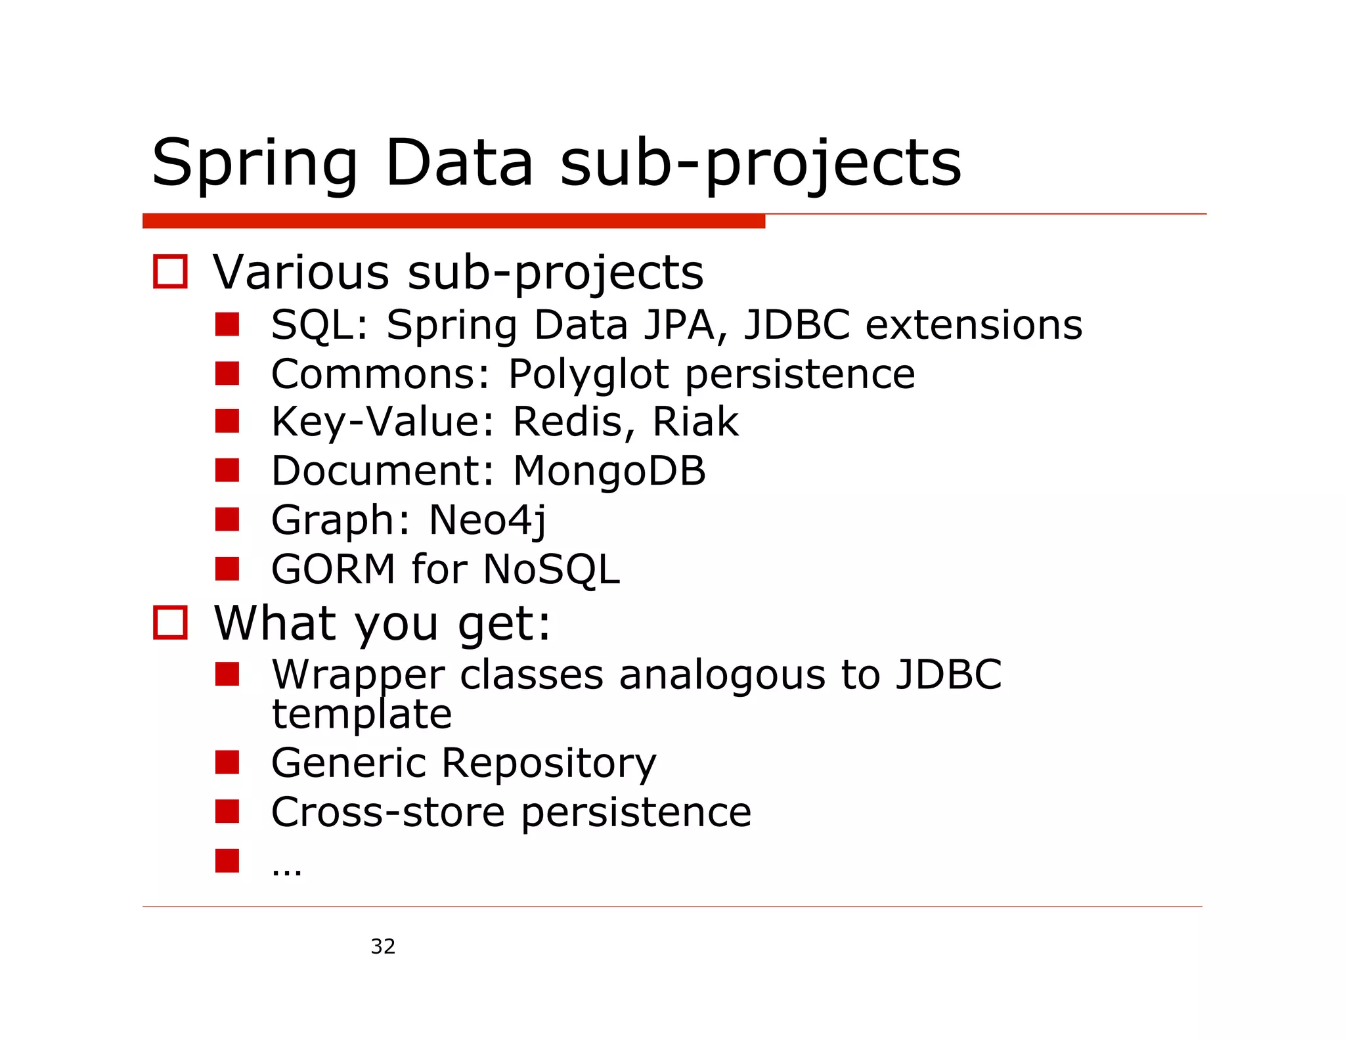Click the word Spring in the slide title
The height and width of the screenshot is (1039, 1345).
255,164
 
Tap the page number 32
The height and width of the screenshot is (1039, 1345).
383,946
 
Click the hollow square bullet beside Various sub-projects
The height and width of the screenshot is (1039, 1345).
170,272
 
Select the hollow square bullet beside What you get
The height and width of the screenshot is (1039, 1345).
170,622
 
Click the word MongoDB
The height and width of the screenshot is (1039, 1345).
609,471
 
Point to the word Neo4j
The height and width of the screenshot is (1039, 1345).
487,520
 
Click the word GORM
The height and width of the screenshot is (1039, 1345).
333,569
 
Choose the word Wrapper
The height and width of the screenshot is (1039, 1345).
358,675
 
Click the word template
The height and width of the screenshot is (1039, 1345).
362,715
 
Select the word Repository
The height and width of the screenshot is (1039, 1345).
548,764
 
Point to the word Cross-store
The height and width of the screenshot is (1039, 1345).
387,812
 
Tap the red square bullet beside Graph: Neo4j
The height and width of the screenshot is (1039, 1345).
227,519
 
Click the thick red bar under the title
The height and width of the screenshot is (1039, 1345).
453,221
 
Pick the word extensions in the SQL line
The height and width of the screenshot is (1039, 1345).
973,325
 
